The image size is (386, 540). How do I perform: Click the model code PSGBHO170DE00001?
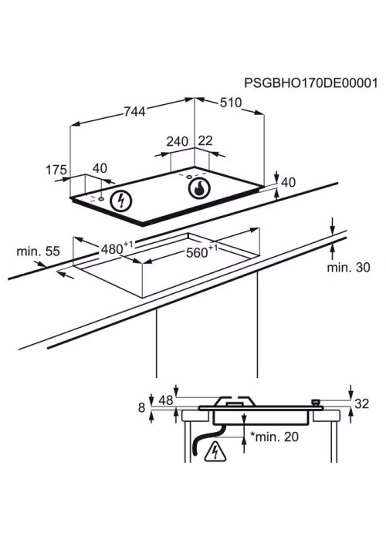[311, 83]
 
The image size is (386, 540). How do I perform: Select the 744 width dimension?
[134, 111]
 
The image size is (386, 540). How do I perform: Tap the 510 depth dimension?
[231, 103]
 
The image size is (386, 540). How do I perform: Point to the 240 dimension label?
[178, 141]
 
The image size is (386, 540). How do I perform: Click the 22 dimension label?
[205, 141]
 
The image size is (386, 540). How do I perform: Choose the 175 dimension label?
[56, 170]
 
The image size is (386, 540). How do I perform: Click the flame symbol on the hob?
[199, 189]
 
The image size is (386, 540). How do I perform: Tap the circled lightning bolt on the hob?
[121, 201]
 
